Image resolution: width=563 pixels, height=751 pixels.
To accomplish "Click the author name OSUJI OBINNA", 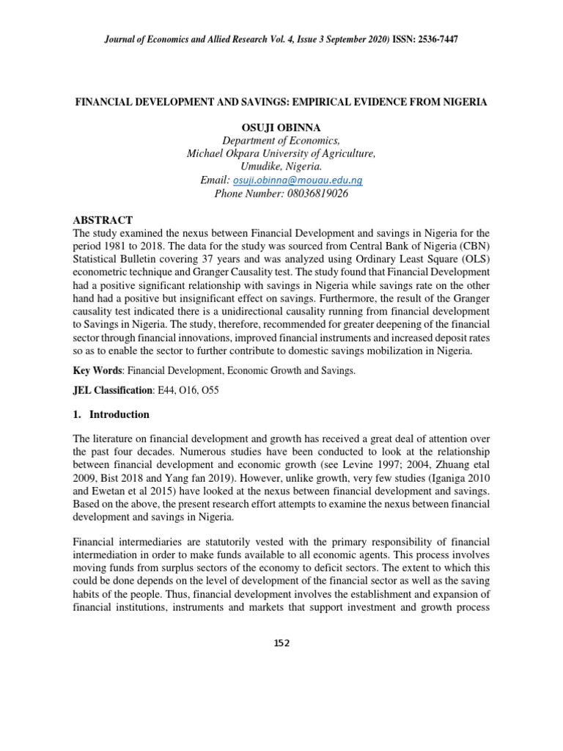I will pyautogui.click(x=281, y=127).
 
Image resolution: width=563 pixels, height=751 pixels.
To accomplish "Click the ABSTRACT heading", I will pyautogui.click(x=103, y=220).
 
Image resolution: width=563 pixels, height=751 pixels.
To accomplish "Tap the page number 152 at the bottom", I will pyautogui.click(x=281, y=643).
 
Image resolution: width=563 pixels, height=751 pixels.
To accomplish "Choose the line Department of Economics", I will pyautogui.click(x=281, y=140).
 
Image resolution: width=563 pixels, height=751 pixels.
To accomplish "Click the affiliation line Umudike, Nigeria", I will pyautogui.click(x=281, y=166).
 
